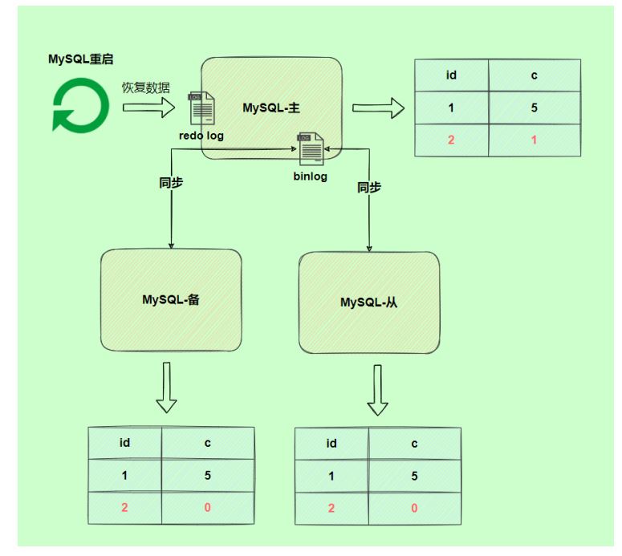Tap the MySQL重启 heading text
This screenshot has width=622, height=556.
(81, 59)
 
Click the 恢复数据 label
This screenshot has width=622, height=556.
(145, 87)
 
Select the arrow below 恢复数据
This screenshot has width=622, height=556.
(148, 108)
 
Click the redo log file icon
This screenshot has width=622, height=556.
(201, 108)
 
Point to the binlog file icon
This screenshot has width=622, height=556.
(311, 148)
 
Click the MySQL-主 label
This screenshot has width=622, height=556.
(271, 108)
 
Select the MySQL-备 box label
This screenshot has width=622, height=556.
(171, 299)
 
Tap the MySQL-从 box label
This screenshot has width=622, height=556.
(369, 302)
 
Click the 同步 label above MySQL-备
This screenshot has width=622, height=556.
(171, 183)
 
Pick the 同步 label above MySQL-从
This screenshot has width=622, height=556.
(369, 187)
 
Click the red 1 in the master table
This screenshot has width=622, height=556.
(534, 140)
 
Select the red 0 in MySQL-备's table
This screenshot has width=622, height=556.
(207, 508)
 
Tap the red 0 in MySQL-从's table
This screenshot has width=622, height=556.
(414, 508)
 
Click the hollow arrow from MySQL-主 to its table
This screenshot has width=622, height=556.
(379, 108)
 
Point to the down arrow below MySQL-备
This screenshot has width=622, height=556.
(167, 388)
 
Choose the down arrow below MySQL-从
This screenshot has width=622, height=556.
(378, 390)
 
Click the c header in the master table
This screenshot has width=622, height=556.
(534, 75)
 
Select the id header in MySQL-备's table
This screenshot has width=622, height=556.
(124, 443)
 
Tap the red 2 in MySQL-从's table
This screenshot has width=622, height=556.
(331, 508)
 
